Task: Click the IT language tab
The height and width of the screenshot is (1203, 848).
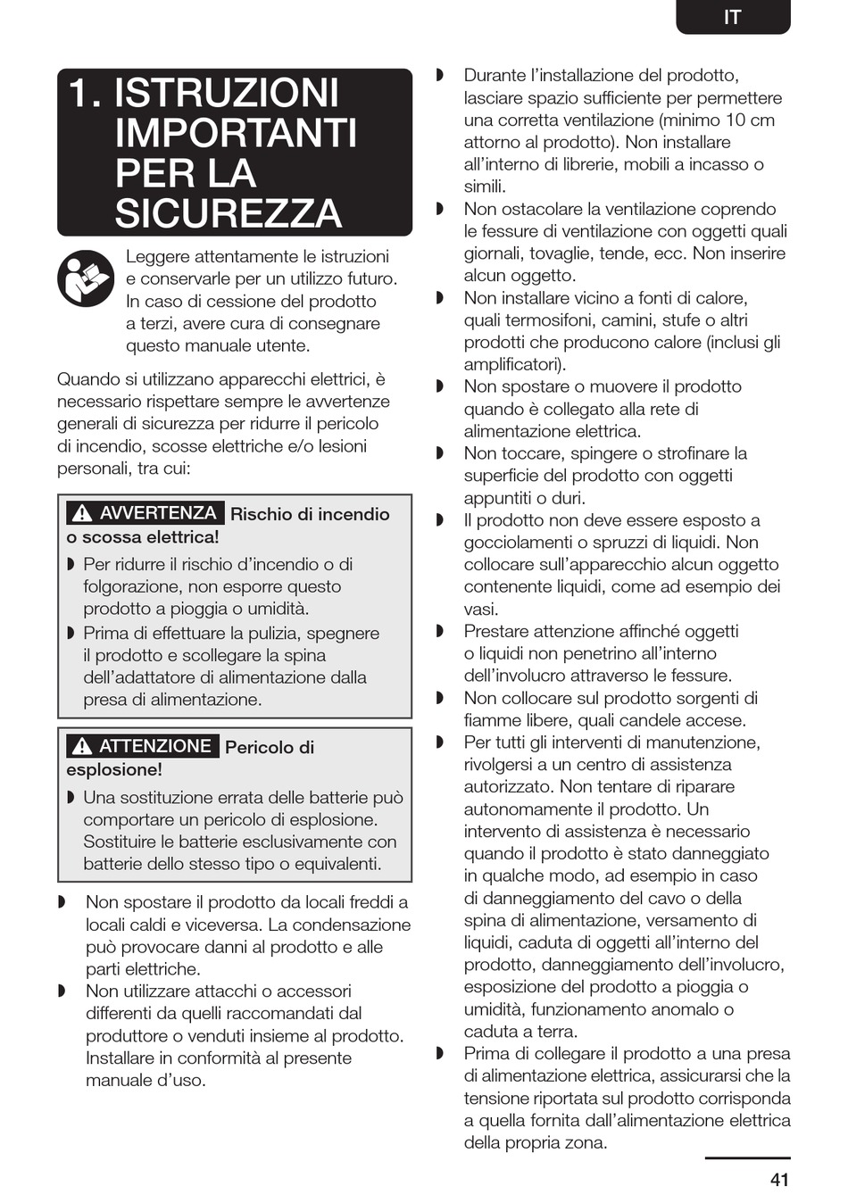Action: coord(732,17)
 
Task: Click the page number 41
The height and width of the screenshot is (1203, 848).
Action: coord(779,1180)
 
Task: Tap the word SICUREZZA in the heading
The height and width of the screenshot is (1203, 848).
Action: coord(229,213)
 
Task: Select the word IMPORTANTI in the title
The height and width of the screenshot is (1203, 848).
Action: coord(236,133)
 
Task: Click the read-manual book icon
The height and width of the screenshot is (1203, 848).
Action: coord(86,278)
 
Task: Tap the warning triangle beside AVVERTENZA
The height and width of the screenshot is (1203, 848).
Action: coord(82,513)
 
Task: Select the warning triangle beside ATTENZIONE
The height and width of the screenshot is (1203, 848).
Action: coord(82,746)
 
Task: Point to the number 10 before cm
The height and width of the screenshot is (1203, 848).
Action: coord(736,120)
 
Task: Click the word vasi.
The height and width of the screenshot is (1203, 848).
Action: coord(481,609)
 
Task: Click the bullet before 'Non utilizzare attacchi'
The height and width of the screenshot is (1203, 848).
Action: coord(62,991)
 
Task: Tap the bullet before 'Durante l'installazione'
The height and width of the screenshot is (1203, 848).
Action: coord(440,75)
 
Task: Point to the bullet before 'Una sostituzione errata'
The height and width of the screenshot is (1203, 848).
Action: coord(71,797)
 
